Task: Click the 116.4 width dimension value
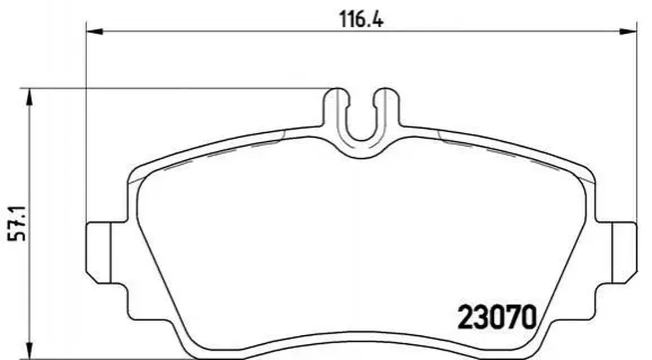click(x=362, y=20)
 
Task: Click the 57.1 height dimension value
click(x=17, y=224)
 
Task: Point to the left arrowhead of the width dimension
click(x=95, y=31)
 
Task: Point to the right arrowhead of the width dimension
click(x=629, y=31)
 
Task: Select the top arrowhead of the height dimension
click(x=29, y=97)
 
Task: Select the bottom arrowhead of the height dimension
click(x=29, y=350)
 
